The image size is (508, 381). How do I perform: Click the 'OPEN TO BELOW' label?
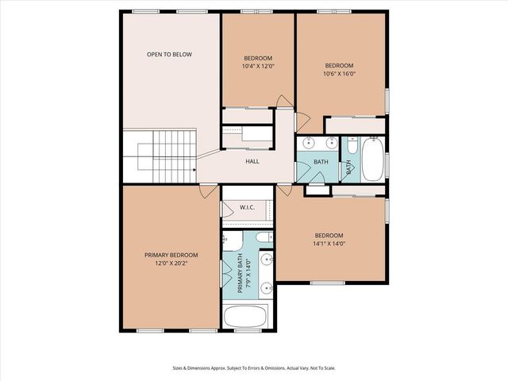[169, 55]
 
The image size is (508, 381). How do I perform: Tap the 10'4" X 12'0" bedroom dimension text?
[258, 67]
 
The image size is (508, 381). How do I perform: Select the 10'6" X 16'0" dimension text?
[340, 73]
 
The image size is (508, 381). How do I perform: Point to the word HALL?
[252, 162]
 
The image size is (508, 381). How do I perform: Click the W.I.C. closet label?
[247, 208]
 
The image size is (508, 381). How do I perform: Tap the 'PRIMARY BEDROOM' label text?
[171, 255]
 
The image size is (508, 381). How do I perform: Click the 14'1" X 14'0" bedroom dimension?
[329, 244]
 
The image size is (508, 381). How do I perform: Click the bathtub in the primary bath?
[249, 317]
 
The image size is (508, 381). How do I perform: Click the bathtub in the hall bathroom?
[371, 159]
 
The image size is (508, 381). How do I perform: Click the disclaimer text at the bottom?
[253, 368]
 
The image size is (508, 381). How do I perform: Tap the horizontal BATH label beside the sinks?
[321, 162]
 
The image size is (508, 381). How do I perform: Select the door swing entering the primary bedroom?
[207, 191]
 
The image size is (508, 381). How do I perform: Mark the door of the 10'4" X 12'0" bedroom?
[283, 102]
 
